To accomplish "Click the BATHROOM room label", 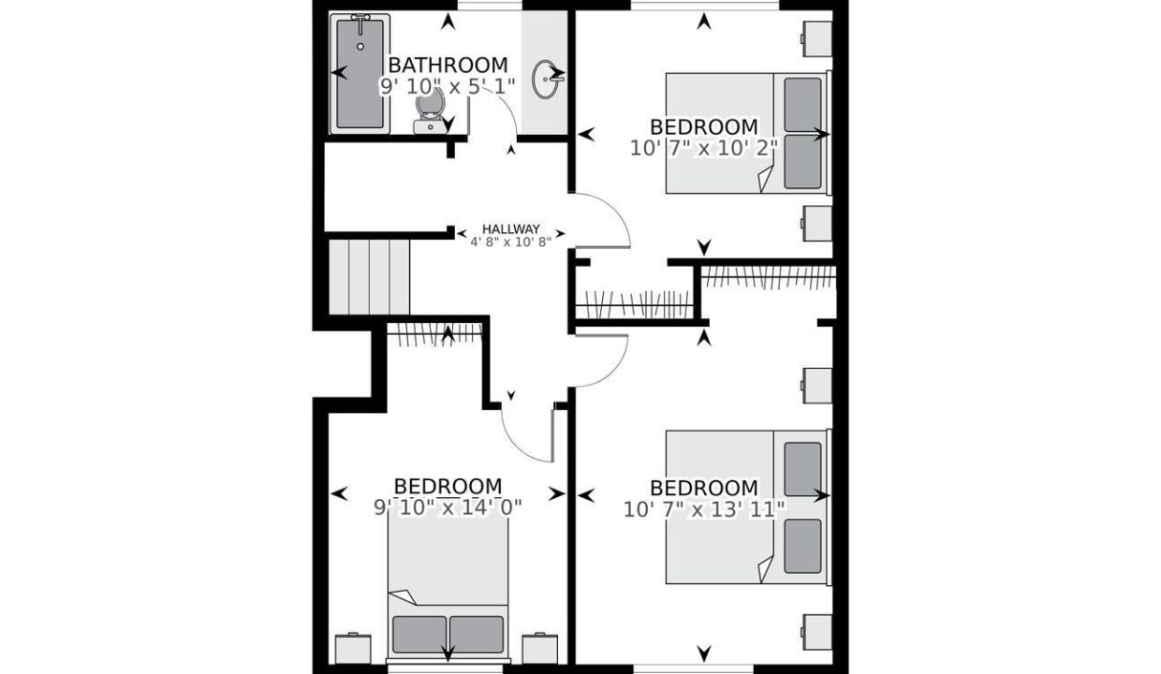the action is coord(448,66).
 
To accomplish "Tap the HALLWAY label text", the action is coord(510,229).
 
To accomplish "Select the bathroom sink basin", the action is coord(545,79).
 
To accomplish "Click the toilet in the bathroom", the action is coord(430,110).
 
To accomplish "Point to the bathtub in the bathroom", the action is coord(360,74).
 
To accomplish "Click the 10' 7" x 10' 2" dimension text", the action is coord(704,149).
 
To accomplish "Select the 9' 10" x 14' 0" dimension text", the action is coord(448,507).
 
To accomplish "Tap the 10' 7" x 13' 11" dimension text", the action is coord(704,510).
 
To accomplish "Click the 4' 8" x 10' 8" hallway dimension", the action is coord(510,242).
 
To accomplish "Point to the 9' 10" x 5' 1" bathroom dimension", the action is coord(448,86).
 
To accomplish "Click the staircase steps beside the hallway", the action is coord(369,277).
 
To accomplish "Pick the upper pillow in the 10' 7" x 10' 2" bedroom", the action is coord(802,105).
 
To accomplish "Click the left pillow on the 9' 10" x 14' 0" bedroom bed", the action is coord(419,635).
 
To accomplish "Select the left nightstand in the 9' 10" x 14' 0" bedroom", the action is coord(353,649).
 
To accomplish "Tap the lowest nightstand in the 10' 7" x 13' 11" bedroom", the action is coord(816,632).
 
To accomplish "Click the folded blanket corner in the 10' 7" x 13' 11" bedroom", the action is coord(766,569).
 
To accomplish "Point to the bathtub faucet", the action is coord(360,19).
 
